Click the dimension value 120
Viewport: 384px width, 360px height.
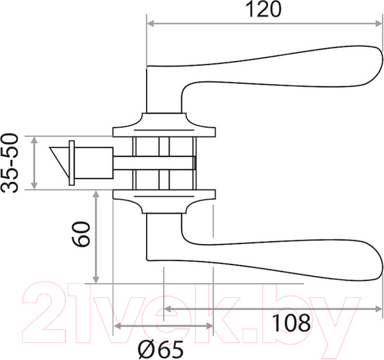coord(263,10)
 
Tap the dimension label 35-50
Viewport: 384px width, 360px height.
coord(10,163)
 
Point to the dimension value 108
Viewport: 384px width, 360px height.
coord(291,323)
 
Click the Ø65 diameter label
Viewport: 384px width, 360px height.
coord(161,349)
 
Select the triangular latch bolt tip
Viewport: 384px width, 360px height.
coord(60,160)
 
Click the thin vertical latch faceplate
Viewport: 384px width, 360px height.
coord(72,163)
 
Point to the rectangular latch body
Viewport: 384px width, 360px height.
coord(94,163)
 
